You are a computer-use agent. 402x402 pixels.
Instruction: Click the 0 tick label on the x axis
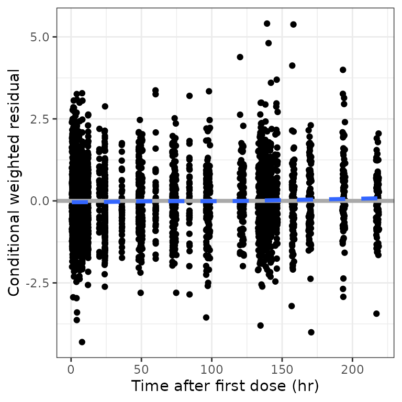(x=71, y=370)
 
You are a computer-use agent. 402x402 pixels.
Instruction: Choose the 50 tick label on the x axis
(x=141, y=370)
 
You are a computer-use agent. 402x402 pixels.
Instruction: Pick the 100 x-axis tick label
(x=211, y=370)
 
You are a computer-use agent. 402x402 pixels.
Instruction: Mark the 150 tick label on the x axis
(x=282, y=370)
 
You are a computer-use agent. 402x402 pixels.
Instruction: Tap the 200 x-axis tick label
(x=352, y=370)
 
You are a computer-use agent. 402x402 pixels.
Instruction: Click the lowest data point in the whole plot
(x=82, y=342)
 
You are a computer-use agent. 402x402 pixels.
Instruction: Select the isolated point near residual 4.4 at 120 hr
(x=240, y=57)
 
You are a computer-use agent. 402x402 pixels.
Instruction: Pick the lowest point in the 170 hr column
(x=311, y=332)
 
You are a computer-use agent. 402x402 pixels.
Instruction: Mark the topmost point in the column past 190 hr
(x=343, y=70)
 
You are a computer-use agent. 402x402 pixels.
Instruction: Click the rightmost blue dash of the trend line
(x=370, y=198)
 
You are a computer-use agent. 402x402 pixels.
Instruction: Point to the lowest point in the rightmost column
(x=376, y=314)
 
